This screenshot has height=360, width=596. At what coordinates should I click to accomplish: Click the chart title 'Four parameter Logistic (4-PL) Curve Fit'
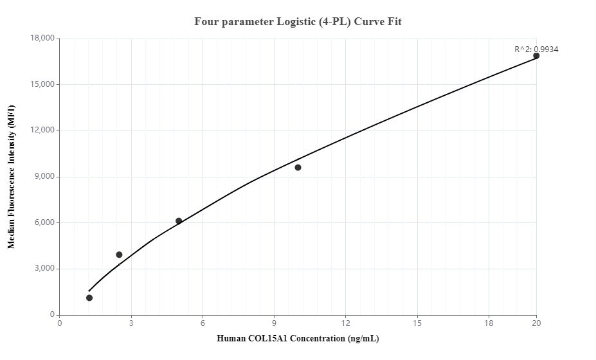click(x=298, y=22)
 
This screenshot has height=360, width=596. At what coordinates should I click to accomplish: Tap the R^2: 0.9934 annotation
click(x=536, y=49)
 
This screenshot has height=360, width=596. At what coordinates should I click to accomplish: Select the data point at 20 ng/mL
click(x=536, y=56)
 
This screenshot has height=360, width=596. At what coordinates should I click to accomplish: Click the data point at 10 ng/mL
click(x=298, y=167)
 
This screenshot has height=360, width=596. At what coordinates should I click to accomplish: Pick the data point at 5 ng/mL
click(x=179, y=221)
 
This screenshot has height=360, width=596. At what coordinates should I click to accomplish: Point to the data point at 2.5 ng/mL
click(x=119, y=255)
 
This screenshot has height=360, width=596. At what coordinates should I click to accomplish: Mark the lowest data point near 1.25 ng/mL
click(x=89, y=298)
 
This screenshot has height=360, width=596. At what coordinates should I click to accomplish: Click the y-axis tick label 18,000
click(x=43, y=39)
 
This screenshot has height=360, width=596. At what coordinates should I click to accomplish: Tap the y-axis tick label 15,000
click(x=43, y=85)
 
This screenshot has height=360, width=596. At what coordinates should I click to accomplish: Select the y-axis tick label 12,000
click(x=43, y=130)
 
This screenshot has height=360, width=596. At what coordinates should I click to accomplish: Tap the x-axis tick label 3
click(x=131, y=323)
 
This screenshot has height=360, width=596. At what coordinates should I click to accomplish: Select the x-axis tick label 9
click(x=275, y=323)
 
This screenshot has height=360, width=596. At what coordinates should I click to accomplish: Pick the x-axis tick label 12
click(x=346, y=323)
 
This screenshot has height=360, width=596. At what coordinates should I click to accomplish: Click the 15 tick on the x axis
click(x=417, y=323)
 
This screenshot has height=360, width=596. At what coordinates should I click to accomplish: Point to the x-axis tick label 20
click(x=536, y=323)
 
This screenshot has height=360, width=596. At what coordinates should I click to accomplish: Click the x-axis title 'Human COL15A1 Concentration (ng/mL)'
click(x=298, y=339)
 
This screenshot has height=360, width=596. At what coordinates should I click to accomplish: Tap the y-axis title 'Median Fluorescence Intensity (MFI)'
click(x=11, y=177)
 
